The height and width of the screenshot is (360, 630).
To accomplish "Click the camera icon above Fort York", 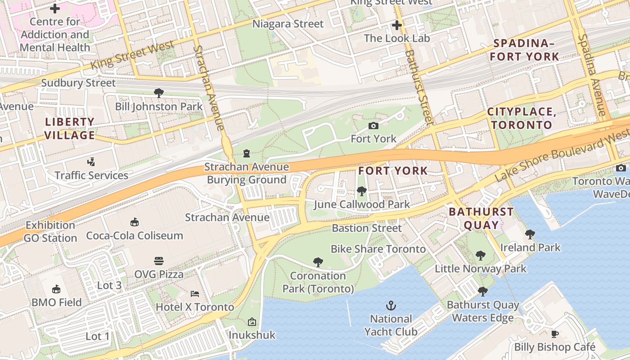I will [x=373, y=126].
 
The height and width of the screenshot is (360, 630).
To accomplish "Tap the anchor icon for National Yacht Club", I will [x=391, y=306].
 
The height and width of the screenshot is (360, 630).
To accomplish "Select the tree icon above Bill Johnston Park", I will [x=158, y=93].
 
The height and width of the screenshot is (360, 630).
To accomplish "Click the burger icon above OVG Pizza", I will [x=159, y=261].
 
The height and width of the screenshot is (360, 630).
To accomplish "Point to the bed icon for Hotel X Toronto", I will [x=195, y=294].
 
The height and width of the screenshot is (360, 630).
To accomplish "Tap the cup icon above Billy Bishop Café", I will [x=555, y=334].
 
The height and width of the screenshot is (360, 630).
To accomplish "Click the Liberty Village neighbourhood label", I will [x=70, y=128].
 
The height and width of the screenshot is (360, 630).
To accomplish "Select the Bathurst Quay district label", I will [x=481, y=218].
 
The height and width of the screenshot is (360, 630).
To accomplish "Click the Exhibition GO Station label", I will [x=50, y=232].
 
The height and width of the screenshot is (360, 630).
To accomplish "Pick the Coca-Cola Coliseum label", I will [x=135, y=235].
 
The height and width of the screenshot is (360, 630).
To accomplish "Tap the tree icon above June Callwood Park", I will [x=361, y=191].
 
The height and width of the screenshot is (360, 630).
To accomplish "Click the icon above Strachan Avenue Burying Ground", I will [x=246, y=154].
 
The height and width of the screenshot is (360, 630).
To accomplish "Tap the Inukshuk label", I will [x=252, y=335].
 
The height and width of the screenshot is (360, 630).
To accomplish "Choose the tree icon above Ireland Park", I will [x=530, y=234].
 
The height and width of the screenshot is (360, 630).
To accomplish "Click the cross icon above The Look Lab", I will [x=396, y=25].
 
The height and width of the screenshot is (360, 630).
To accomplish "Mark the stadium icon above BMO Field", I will [x=56, y=289].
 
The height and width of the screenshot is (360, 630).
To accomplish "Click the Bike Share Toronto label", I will [x=378, y=249].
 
